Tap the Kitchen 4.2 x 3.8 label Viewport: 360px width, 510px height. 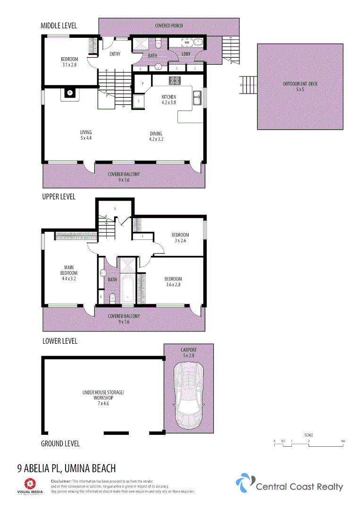168,100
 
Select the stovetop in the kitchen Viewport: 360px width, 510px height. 175,80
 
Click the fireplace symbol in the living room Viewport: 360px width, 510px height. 70,93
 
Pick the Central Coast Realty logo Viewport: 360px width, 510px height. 289,484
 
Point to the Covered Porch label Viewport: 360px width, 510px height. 169,25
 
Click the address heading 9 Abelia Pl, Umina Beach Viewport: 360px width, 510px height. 66,468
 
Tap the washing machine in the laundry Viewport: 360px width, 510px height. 187,42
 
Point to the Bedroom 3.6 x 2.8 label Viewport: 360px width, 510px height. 173,282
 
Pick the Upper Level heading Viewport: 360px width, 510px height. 59,196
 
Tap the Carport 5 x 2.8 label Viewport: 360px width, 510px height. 188,352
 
